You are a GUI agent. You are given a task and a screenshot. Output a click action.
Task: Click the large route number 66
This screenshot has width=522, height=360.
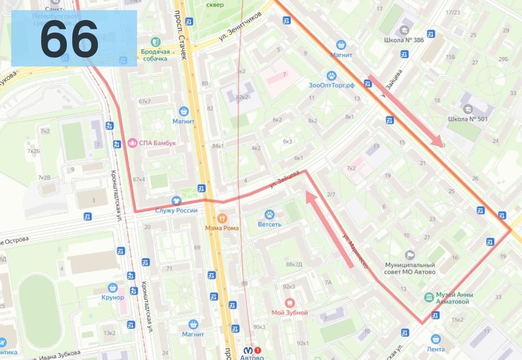pos(70,39)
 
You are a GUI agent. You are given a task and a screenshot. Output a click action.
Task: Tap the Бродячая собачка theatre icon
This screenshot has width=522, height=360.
pos(154,42)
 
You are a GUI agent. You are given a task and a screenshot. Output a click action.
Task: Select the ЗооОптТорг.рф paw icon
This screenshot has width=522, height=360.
pos(331,76)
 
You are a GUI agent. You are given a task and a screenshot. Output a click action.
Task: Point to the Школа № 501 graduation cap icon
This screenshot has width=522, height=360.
pos(468,108)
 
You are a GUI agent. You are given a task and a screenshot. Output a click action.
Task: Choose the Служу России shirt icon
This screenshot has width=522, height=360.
pos(176,200)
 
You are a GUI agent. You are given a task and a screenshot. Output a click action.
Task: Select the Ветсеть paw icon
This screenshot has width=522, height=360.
pos(270,214)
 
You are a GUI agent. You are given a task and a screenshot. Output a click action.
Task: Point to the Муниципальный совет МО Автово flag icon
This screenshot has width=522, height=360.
pos(410,255)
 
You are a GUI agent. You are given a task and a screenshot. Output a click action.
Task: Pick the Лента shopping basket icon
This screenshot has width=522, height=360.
pos(435,339)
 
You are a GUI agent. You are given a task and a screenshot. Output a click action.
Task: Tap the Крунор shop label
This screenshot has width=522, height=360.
pos(113,297)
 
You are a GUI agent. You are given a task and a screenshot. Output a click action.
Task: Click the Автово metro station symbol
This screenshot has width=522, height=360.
pos(246,350)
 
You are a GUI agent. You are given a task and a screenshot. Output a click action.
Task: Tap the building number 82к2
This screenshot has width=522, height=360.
pos(242,97)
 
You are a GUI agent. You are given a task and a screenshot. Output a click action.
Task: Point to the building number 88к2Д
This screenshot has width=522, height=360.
pos(294,264)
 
